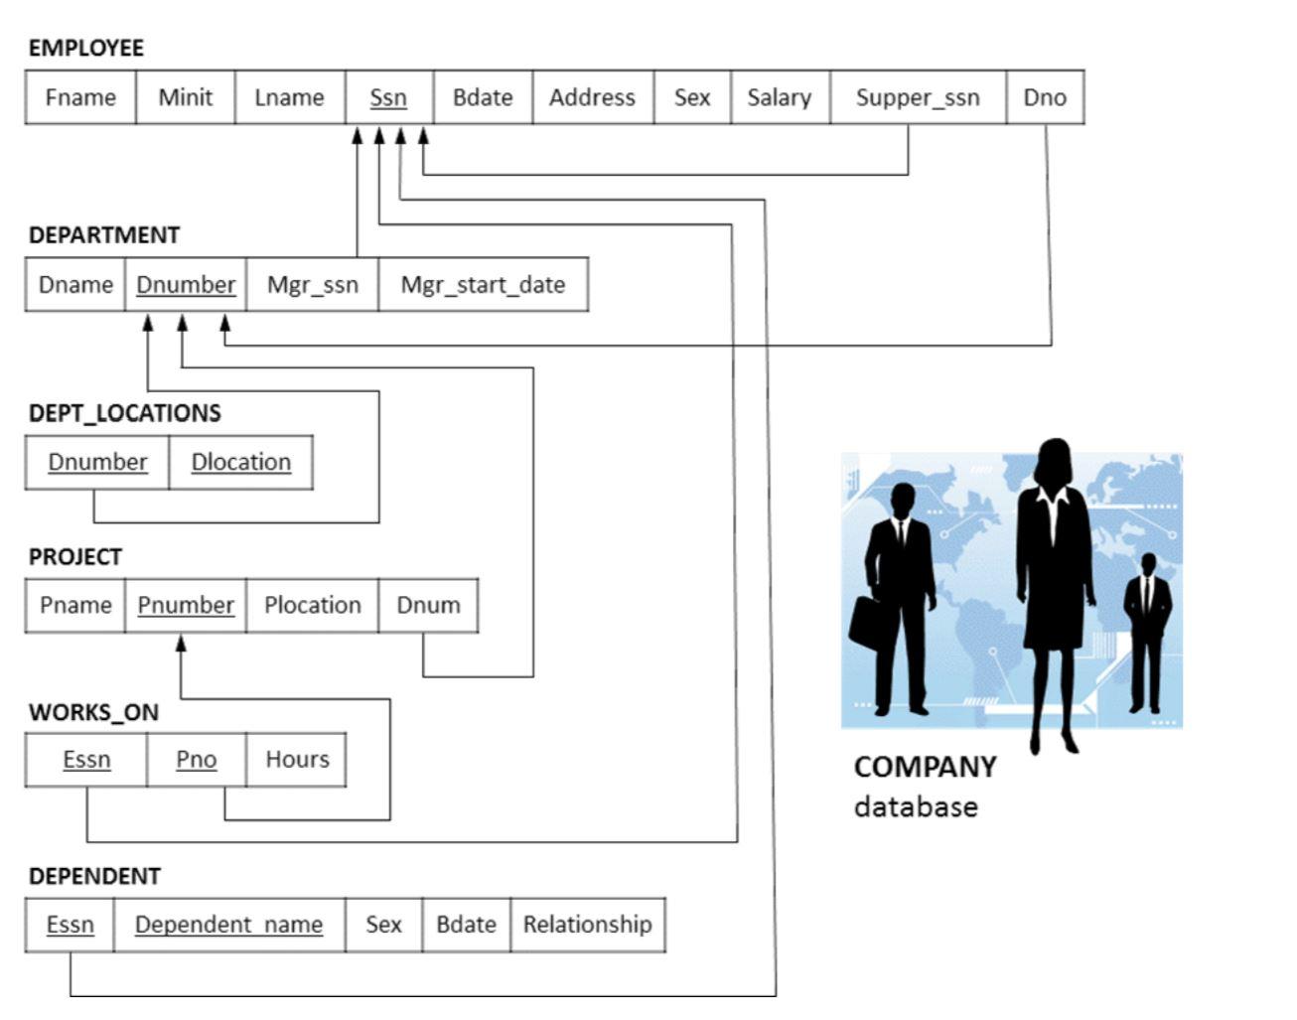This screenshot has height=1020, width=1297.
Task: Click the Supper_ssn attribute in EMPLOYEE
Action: (918, 97)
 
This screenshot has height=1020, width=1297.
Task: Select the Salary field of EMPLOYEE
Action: (780, 97)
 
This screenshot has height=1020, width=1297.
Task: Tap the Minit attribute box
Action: (186, 97)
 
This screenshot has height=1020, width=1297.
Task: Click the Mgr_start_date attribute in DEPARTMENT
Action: (484, 284)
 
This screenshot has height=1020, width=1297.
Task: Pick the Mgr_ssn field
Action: (312, 284)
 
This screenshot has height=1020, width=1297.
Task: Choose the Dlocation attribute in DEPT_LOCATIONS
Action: (241, 463)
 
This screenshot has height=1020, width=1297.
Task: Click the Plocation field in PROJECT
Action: (312, 605)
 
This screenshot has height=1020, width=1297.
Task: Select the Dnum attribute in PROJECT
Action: (428, 605)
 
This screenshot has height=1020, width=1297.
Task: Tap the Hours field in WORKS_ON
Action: (297, 760)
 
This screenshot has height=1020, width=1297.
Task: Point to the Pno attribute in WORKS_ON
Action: (197, 760)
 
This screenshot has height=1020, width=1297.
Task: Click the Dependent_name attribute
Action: (229, 925)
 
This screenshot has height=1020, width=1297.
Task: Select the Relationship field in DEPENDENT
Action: (588, 925)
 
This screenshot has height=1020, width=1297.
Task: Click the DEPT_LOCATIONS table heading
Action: (125, 413)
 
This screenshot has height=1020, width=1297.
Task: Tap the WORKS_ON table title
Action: (94, 712)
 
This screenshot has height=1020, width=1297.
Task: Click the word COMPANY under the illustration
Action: (926, 768)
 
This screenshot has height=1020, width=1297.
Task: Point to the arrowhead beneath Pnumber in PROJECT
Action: (181, 643)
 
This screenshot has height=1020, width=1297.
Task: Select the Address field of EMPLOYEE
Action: (593, 97)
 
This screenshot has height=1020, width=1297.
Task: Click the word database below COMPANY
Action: (916, 807)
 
